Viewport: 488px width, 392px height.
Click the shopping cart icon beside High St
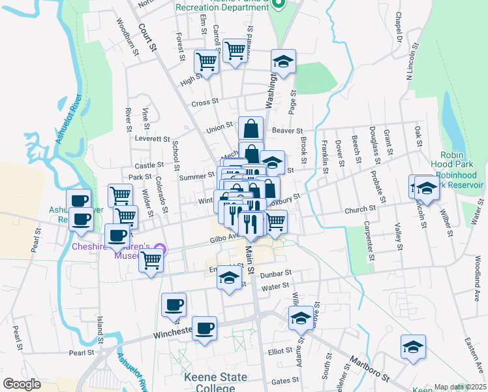[x=206, y=63]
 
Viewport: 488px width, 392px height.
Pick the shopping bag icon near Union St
[x=251, y=129]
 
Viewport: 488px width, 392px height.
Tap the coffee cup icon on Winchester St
[x=204, y=328]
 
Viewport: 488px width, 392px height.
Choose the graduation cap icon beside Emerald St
[x=229, y=279]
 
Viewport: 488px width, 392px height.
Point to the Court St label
[x=149, y=37]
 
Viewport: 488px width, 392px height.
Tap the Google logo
[x=22, y=384]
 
